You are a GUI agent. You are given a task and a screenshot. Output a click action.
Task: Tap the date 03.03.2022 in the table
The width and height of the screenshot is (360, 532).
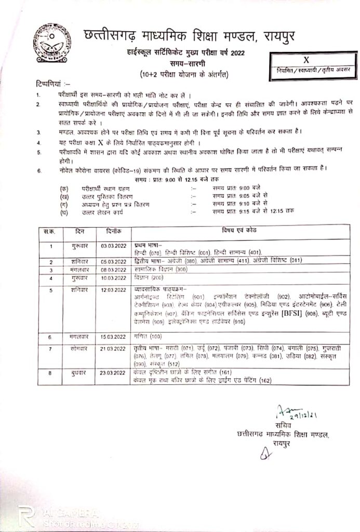pyautogui.click(x=114, y=244)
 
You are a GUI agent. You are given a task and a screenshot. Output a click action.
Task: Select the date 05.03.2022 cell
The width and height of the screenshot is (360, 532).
pyautogui.click(x=114, y=261)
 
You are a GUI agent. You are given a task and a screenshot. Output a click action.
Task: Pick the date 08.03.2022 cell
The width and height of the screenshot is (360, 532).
pyautogui.click(x=114, y=270)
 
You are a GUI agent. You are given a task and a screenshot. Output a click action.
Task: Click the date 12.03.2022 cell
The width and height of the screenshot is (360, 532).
pyautogui.click(x=114, y=289)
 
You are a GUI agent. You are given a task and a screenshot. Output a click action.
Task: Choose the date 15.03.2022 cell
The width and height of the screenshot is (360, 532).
pyautogui.click(x=114, y=337)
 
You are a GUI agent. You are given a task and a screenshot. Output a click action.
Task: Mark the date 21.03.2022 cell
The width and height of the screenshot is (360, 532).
pyautogui.click(x=114, y=347)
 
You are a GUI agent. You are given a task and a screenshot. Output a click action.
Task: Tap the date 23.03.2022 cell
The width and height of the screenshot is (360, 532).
pyautogui.click(x=114, y=373)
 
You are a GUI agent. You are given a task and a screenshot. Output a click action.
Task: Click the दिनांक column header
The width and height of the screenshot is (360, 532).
pyautogui.click(x=114, y=230)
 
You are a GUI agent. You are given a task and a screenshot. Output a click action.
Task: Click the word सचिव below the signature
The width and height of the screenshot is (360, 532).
pyautogui.click(x=281, y=427)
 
